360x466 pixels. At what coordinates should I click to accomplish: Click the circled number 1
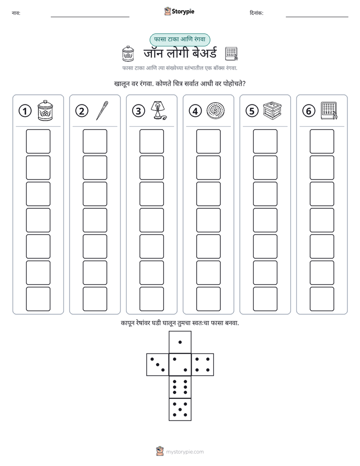tap(25, 111)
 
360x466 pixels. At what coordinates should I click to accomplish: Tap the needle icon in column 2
tap(102, 110)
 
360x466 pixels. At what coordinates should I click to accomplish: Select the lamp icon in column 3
tap(158, 110)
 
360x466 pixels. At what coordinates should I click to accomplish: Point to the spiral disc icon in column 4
tap(215, 110)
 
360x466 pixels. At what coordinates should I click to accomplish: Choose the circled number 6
tap(309, 111)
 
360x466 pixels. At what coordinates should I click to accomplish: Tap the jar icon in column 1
tap(45, 110)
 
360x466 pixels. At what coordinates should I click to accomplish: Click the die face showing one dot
tap(180, 342)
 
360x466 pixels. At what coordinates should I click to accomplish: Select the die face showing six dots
tap(180, 387)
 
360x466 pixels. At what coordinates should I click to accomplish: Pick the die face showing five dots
tap(180, 410)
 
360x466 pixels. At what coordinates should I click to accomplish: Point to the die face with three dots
tap(158, 365)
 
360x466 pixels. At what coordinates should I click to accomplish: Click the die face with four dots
tap(203, 365)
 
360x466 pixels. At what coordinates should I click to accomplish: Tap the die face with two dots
tap(180, 365)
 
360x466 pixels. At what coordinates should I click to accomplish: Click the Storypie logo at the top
tap(179, 12)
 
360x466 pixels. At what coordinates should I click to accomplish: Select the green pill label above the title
tap(179, 39)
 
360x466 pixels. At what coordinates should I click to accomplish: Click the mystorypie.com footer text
tap(185, 452)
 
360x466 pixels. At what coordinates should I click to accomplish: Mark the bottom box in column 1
tap(38, 299)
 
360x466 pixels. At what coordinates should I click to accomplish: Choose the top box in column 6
tap(322, 141)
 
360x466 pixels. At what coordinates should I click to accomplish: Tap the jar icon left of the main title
tap(128, 54)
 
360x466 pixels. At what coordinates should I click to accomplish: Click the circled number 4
tap(195, 111)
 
